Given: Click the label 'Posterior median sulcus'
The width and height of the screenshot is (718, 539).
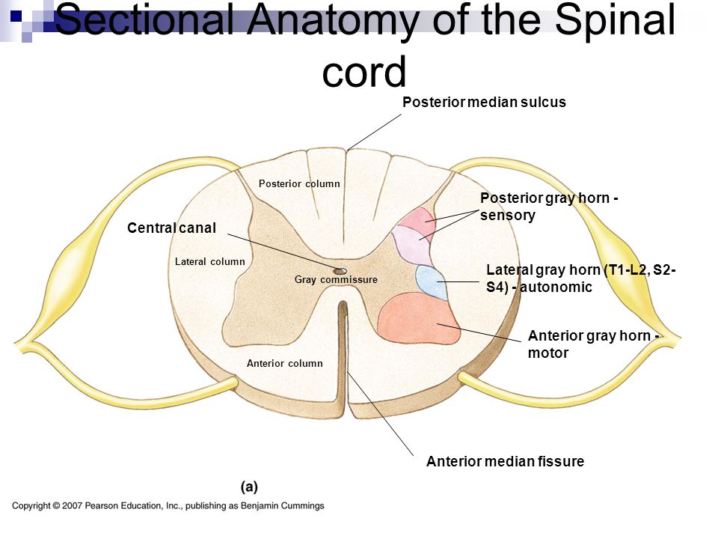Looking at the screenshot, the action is tap(484, 102).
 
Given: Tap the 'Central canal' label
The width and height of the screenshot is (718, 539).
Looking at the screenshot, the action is tap(172, 228).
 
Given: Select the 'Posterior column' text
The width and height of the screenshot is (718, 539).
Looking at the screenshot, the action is tap(299, 184).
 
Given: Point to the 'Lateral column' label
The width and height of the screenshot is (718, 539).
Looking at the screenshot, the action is tap(210, 262).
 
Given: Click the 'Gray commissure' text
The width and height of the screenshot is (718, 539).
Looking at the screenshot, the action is tap(336, 279).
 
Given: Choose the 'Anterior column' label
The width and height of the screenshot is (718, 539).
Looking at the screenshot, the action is tap(285, 364).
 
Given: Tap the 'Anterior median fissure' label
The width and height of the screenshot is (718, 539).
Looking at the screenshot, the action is tap(505, 461).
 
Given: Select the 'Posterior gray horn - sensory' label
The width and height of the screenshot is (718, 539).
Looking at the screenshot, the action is tap(549, 207).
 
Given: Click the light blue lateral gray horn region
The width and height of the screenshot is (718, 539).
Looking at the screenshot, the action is tap(432, 282).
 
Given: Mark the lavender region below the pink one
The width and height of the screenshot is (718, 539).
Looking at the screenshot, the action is tap(410, 246).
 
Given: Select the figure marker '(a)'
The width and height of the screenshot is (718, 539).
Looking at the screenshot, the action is tap(250, 487).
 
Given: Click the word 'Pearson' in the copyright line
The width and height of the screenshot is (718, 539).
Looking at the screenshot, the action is tap(101, 506).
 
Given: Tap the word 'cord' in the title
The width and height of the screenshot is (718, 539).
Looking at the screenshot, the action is tap(364, 73).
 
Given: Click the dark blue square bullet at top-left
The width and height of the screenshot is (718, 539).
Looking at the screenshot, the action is tap(16, 16).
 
